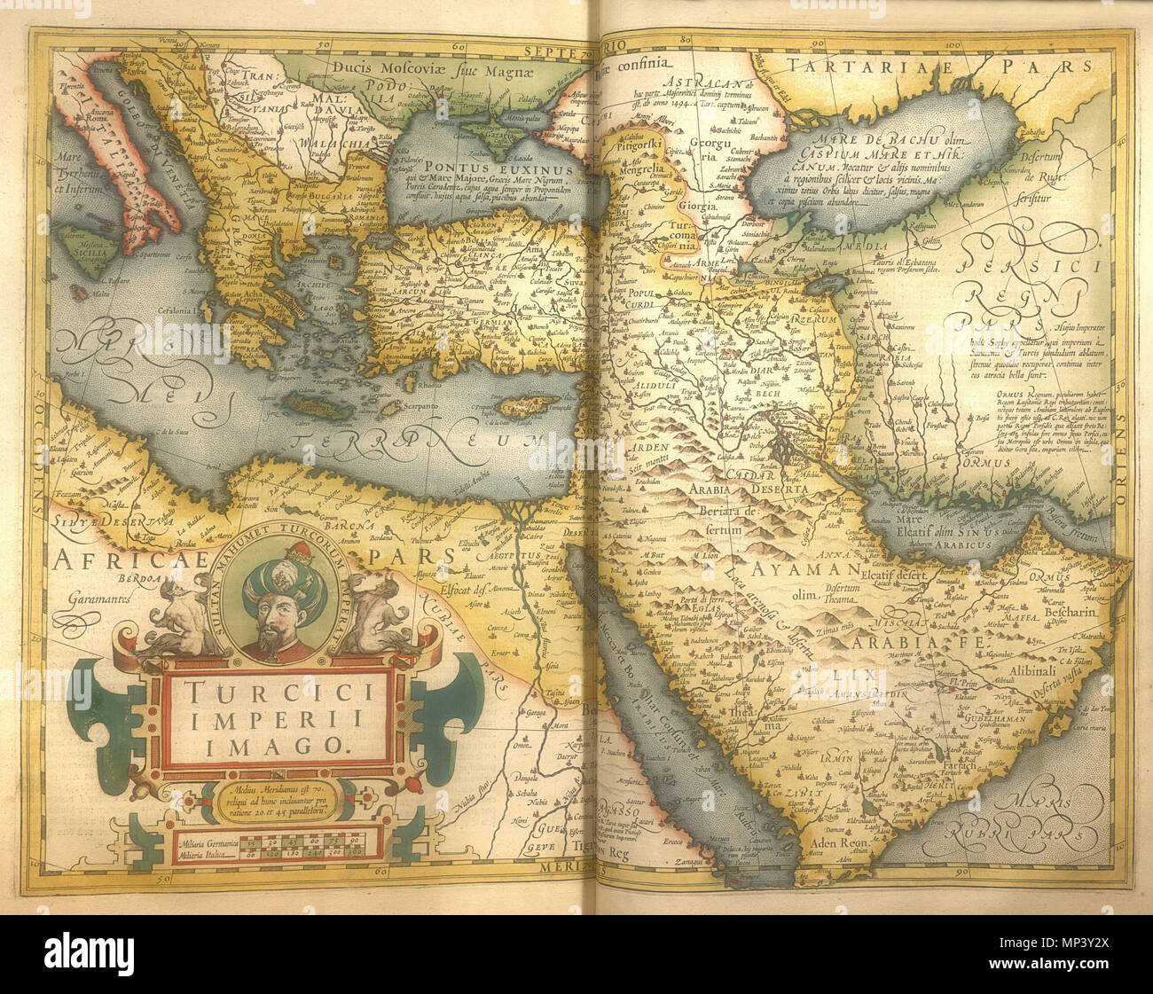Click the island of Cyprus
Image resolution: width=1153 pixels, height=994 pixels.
point(524,408)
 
